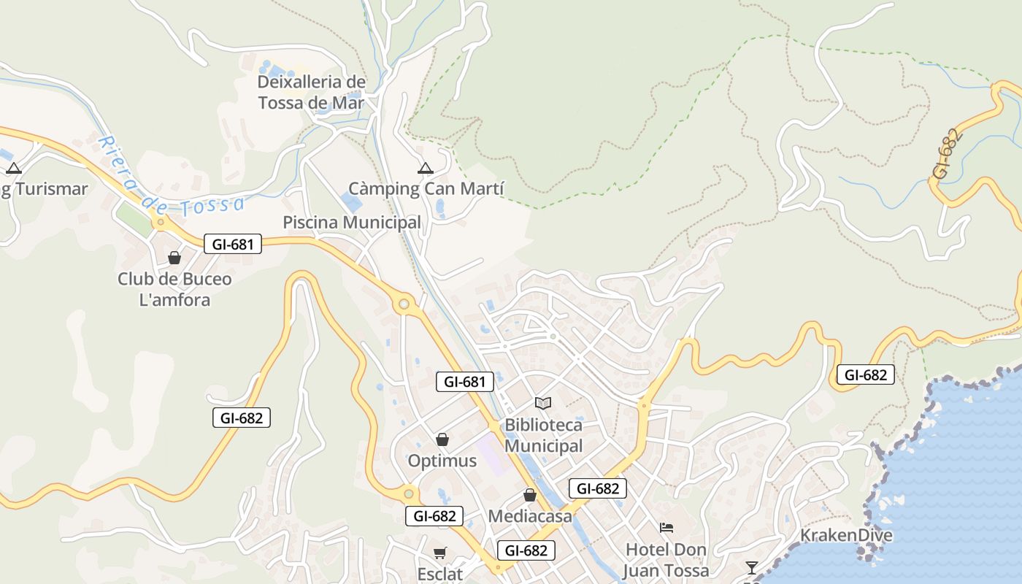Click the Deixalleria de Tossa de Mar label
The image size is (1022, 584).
click(311, 92)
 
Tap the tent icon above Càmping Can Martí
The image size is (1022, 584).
click(425, 169)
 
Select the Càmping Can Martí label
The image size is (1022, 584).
click(426, 189)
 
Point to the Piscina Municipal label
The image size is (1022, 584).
click(352, 222)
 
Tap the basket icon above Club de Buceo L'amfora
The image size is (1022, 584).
click(174, 258)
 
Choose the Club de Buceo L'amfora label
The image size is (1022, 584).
click(174, 289)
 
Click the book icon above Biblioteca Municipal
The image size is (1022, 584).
click(543, 403)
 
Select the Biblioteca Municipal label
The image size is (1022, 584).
click(544, 435)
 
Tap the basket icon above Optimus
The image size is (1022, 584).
click(442, 439)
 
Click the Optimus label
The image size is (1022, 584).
click(442, 461)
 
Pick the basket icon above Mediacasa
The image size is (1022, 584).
click(530, 495)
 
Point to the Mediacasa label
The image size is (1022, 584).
click(530, 516)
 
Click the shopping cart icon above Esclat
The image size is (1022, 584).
click(439, 553)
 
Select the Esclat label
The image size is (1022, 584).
click(439, 574)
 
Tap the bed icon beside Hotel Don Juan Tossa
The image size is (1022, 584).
click(666, 528)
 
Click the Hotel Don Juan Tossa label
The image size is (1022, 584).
click(666, 560)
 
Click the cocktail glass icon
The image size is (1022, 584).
click(751, 567)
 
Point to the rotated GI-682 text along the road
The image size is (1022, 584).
click(945, 154)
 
